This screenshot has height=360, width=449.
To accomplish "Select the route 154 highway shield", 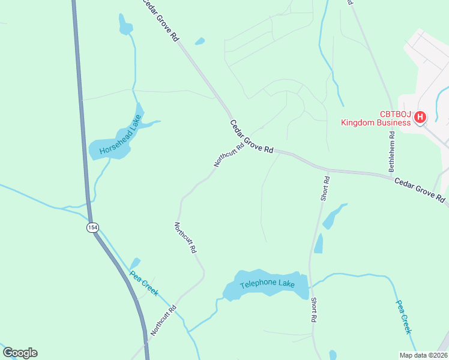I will pos(92,227).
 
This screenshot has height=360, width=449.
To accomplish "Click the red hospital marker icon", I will pos(420,117).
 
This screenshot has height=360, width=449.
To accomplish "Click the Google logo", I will pos(20,352).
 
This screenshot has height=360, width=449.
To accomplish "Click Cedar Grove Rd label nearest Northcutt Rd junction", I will pos(252,136).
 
